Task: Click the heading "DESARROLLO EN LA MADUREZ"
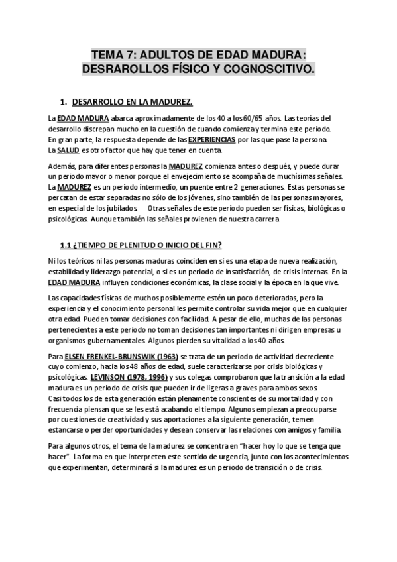131,102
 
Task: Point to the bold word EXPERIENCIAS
211,140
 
